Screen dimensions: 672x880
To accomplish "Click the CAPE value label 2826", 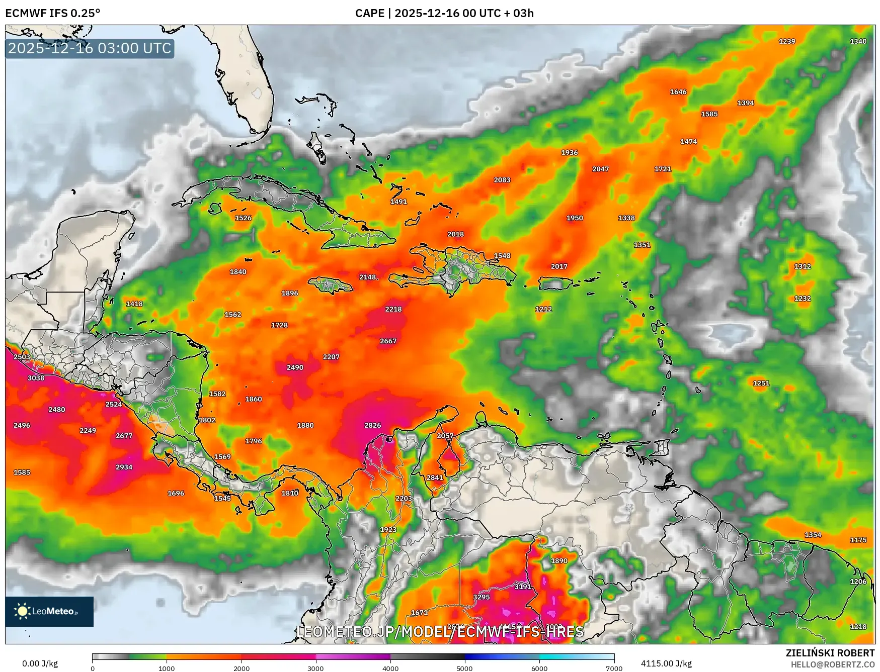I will pos(372,425).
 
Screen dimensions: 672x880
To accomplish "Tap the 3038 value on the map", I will pos(36,378).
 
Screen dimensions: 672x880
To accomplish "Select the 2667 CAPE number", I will pos(388,341).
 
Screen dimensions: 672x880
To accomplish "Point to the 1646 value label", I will pos(678,91).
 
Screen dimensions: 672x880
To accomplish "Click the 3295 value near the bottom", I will pos(481,597).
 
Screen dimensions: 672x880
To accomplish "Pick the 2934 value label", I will pos(124,467).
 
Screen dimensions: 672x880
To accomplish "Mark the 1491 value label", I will pos(398,202).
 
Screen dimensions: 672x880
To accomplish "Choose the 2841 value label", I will pos(435,477).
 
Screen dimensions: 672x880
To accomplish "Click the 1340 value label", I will pos(858,41).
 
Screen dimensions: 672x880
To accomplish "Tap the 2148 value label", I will pos(368,277).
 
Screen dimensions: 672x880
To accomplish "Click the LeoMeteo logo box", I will pos(49,611).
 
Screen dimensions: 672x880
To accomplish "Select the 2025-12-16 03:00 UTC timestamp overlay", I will pos(90,48).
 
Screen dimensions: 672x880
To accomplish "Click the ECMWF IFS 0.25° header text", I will pos(53,13).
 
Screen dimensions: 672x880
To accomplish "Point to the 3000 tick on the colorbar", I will pos(315,668).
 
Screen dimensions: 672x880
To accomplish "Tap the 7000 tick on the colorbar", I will pos(614,668).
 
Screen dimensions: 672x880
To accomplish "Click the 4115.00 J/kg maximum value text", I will pos(666,663).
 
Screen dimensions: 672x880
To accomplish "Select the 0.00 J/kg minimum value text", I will pos(40,663).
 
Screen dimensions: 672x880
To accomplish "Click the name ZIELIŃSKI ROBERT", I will pos(830,653).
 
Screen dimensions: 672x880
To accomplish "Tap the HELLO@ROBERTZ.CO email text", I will pos(832,664).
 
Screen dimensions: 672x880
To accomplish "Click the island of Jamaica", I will pos(330,285).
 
